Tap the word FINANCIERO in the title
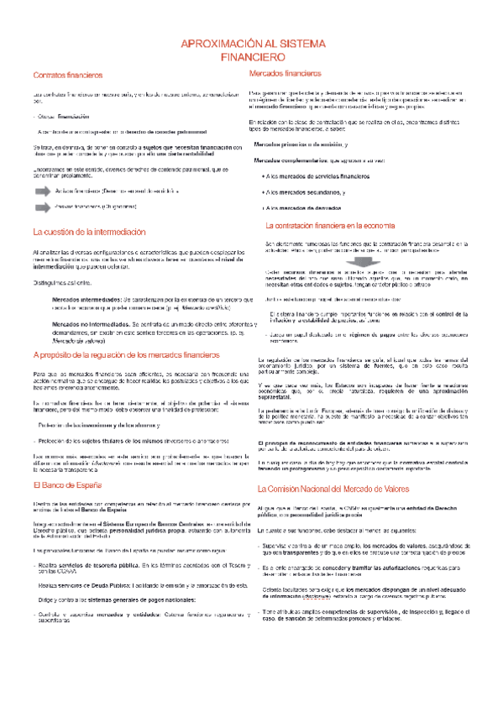(252, 60)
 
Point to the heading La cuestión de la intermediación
(88, 232)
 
